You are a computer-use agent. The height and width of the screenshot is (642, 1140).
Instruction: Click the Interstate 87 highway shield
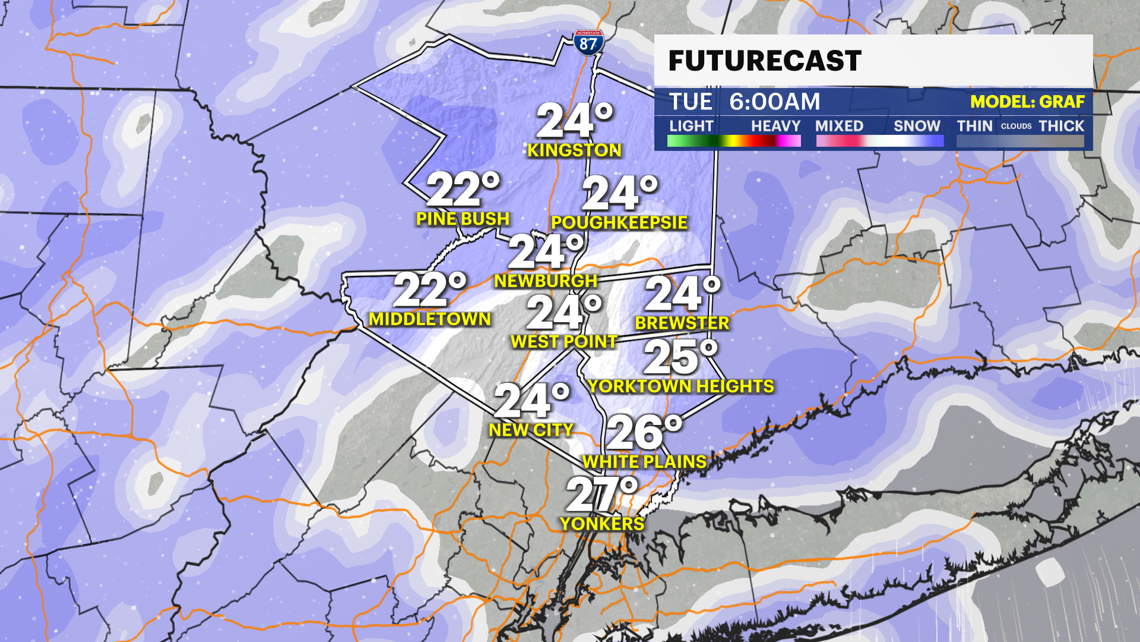[588, 43]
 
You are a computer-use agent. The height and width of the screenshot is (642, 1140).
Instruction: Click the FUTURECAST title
[765, 61]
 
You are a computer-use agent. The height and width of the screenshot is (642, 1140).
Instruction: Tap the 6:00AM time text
[774, 102]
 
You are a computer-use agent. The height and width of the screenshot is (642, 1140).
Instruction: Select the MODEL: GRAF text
[1027, 102]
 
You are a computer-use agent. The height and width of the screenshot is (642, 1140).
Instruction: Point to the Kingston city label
[574, 150]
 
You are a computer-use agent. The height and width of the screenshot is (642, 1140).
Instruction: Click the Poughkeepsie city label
[619, 223]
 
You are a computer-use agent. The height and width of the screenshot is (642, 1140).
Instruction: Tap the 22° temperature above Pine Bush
[463, 190]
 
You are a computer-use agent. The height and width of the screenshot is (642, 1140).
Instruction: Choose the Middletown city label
[430, 319]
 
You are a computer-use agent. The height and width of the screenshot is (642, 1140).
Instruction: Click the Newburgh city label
[546, 281]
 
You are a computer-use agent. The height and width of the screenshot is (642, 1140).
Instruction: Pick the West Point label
[564, 342]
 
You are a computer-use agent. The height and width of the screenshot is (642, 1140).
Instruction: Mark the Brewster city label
[682, 323]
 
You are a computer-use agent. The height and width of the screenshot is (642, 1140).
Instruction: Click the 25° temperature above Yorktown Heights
[680, 357]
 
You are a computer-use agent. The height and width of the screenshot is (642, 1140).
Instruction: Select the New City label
[531, 430]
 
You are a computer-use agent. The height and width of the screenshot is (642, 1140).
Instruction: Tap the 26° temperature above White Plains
[644, 432]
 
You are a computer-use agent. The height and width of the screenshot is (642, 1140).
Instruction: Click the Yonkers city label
[602, 524]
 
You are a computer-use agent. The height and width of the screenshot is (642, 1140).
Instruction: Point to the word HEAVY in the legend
[775, 126]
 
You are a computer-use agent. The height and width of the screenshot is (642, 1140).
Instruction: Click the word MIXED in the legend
[839, 126]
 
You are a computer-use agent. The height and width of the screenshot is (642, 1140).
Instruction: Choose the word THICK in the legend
[1061, 126]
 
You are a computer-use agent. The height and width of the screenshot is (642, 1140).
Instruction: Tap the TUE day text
[691, 102]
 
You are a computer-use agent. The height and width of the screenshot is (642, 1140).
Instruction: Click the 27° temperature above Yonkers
[601, 494]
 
